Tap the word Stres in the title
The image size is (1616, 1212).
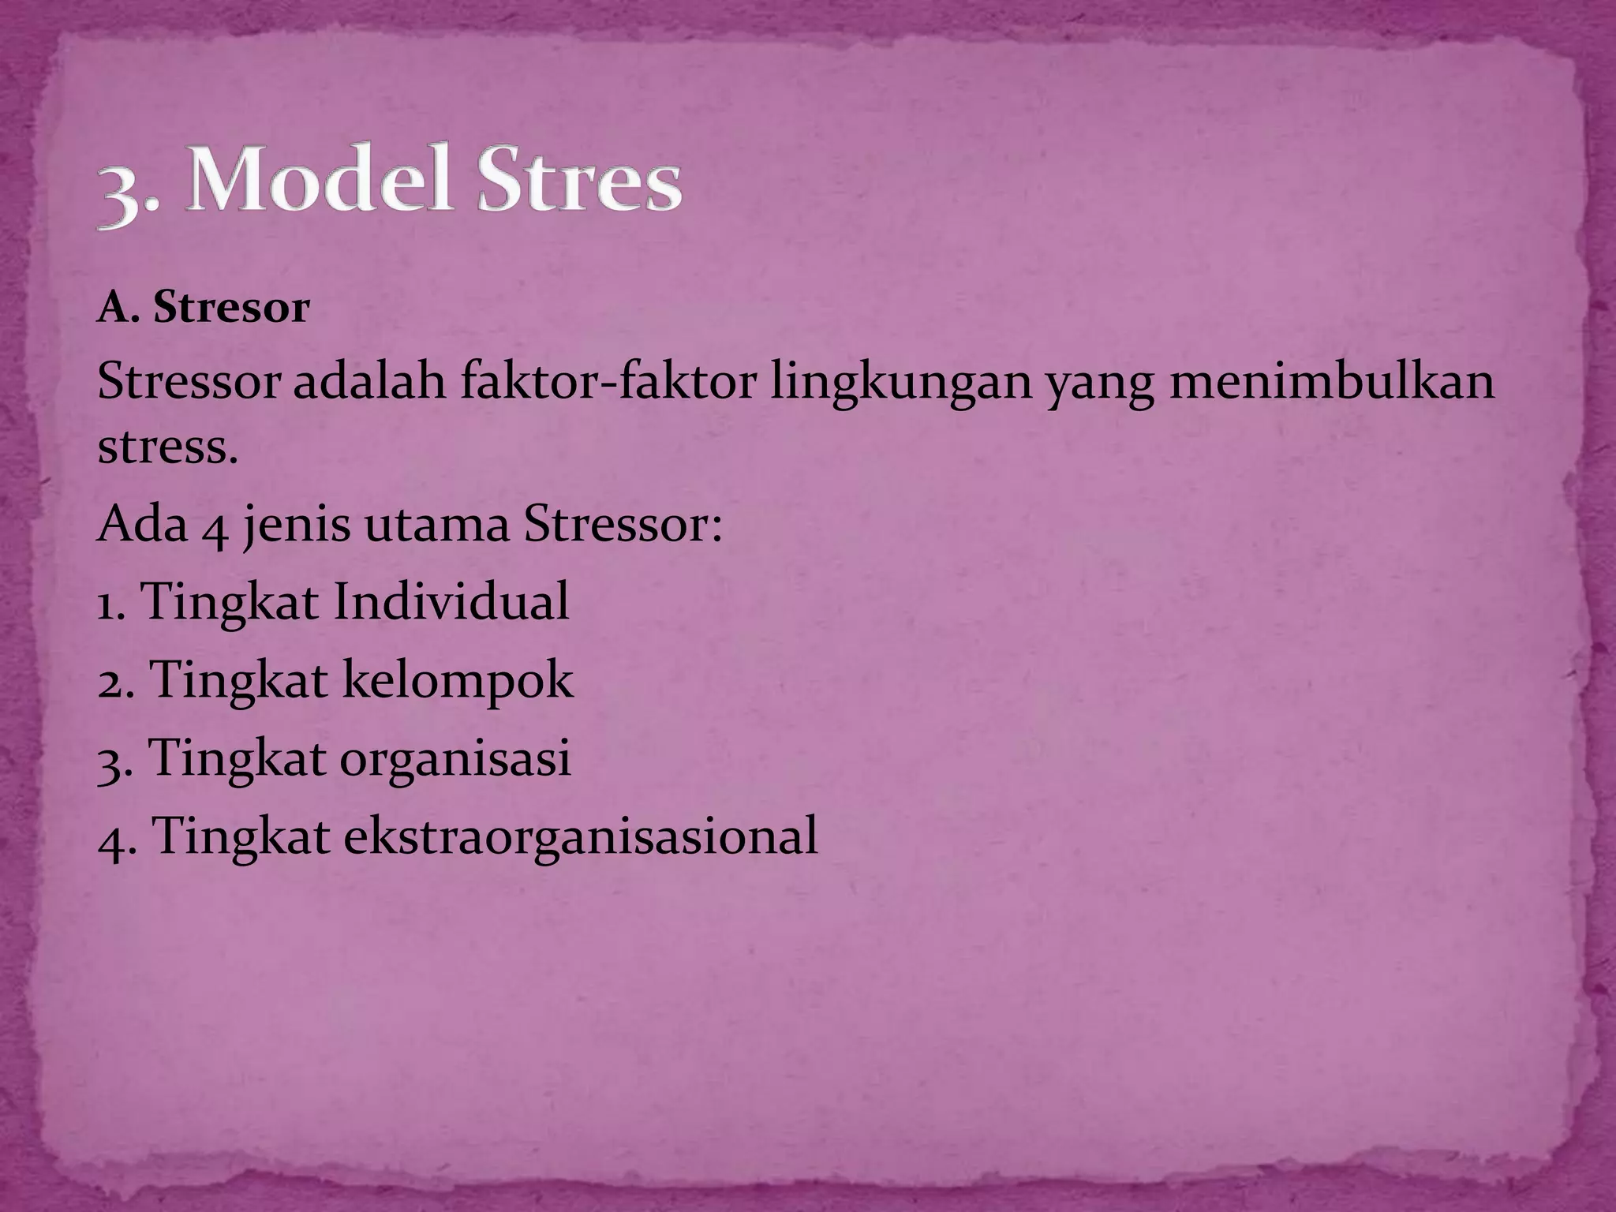tap(574, 184)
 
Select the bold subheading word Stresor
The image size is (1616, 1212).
tap(231, 308)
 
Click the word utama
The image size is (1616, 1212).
tap(436, 526)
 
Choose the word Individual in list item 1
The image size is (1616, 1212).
tap(451, 601)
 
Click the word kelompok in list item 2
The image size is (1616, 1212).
tap(457, 681)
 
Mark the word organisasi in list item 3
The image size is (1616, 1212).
tap(455, 759)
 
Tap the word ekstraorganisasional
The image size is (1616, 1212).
tap(580, 836)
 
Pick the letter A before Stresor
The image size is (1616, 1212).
tap(111, 308)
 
